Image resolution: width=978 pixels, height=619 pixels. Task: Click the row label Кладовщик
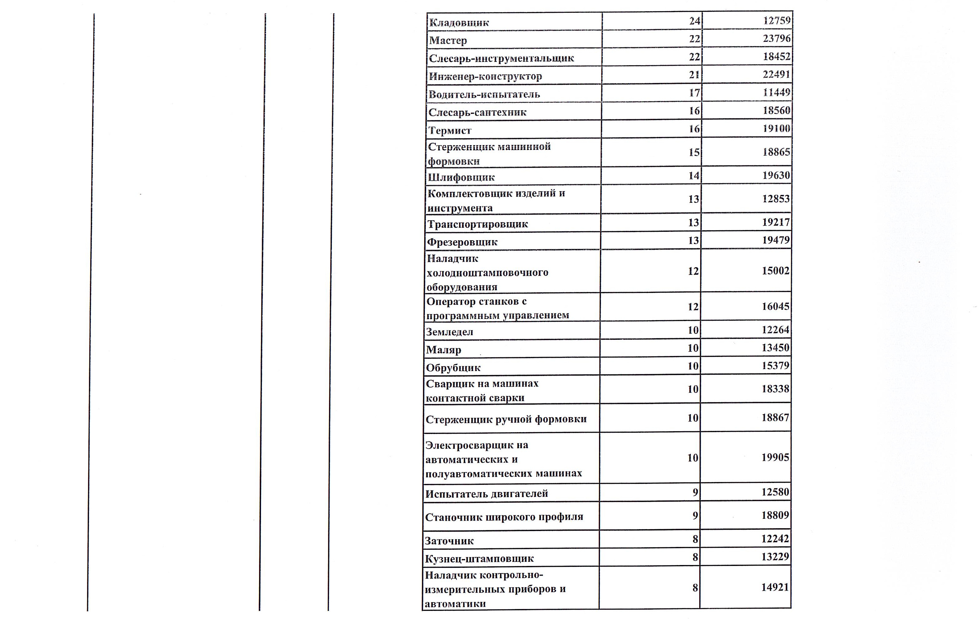[x=459, y=23]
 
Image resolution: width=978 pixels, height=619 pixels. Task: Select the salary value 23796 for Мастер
[x=777, y=39]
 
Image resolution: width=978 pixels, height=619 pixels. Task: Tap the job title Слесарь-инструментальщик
[x=501, y=58]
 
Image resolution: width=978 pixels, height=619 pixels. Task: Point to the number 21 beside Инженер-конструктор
[x=695, y=75]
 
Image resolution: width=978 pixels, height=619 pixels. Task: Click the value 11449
[x=777, y=93]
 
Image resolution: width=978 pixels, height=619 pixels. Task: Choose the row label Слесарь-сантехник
[x=477, y=112]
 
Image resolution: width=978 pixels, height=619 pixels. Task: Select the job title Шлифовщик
[x=461, y=178]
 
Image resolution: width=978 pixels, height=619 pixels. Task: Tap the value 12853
[x=776, y=199]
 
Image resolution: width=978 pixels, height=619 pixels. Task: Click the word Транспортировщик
[x=478, y=224]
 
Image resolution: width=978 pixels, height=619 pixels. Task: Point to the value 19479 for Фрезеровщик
[x=776, y=240]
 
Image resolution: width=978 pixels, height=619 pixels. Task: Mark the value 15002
[x=775, y=271]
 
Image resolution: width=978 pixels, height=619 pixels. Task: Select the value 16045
[x=775, y=306]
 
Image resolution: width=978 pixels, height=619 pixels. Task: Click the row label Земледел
[x=449, y=332]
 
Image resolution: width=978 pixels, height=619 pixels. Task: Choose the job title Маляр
[x=444, y=350]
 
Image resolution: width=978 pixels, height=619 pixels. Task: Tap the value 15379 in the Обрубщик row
[x=775, y=366]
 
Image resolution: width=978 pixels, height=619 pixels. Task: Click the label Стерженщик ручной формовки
[x=506, y=419]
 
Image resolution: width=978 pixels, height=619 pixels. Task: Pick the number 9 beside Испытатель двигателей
[x=695, y=493]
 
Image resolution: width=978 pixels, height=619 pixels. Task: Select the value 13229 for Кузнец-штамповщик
[x=775, y=557]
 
